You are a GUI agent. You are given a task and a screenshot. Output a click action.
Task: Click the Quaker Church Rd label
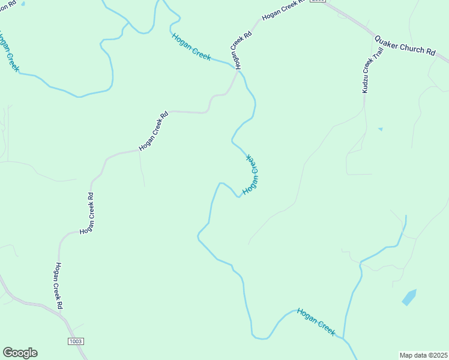click(405, 46)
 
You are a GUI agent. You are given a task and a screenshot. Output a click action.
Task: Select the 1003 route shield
click(76, 341)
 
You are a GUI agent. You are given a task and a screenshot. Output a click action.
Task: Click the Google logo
click(20, 353)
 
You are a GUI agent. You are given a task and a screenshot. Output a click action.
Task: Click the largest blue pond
click(409, 297)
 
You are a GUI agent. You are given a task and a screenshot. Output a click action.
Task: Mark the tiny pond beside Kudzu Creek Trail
click(380, 129)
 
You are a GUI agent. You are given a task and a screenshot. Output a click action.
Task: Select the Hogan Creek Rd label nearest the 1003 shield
click(59, 286)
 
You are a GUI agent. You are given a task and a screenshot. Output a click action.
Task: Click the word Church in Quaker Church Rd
click(411, 47)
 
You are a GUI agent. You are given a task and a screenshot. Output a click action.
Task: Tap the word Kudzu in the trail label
click(366, 83)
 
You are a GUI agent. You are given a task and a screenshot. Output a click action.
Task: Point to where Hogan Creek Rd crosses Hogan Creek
click(236, 70)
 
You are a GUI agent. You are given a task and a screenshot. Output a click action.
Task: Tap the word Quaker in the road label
click(385, 42)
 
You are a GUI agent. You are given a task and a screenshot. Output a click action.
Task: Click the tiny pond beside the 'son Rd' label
click(23, 3)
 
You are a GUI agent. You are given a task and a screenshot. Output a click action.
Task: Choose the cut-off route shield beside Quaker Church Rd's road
click(318, 1)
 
